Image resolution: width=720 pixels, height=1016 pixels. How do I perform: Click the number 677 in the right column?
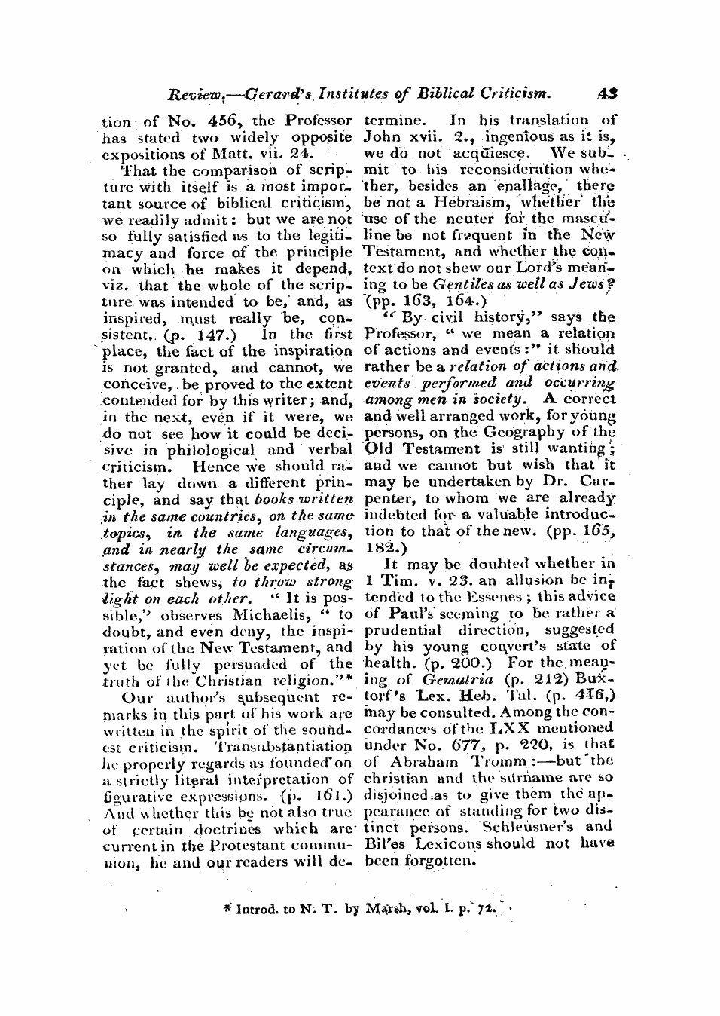click(467, 745)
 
